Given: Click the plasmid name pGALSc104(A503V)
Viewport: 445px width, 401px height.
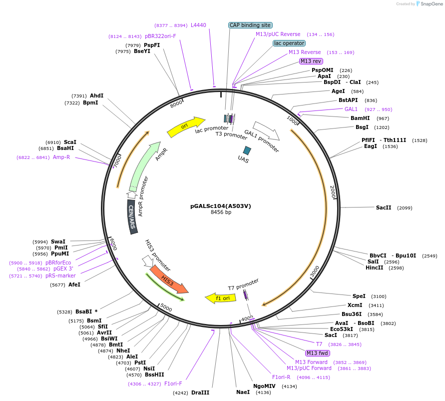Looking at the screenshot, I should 220,205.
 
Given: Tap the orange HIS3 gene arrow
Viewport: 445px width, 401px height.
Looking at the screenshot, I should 168,279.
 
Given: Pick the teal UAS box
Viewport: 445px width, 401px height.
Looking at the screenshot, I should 246,150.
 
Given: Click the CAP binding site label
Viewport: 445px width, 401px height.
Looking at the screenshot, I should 250,25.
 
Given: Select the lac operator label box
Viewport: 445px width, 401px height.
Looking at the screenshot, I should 289,43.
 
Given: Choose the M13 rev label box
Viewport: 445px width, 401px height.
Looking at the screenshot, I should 311,61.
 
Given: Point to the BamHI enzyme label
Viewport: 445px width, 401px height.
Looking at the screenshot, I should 360,118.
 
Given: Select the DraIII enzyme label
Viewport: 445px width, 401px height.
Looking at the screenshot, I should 201,392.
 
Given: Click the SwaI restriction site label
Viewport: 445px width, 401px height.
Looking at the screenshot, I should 58,241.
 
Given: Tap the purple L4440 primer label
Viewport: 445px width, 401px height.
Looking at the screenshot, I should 198,25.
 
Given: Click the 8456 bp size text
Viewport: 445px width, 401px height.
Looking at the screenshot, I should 221,212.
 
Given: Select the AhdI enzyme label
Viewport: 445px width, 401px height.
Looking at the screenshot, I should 97,95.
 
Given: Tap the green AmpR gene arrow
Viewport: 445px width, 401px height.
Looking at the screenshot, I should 144,165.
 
